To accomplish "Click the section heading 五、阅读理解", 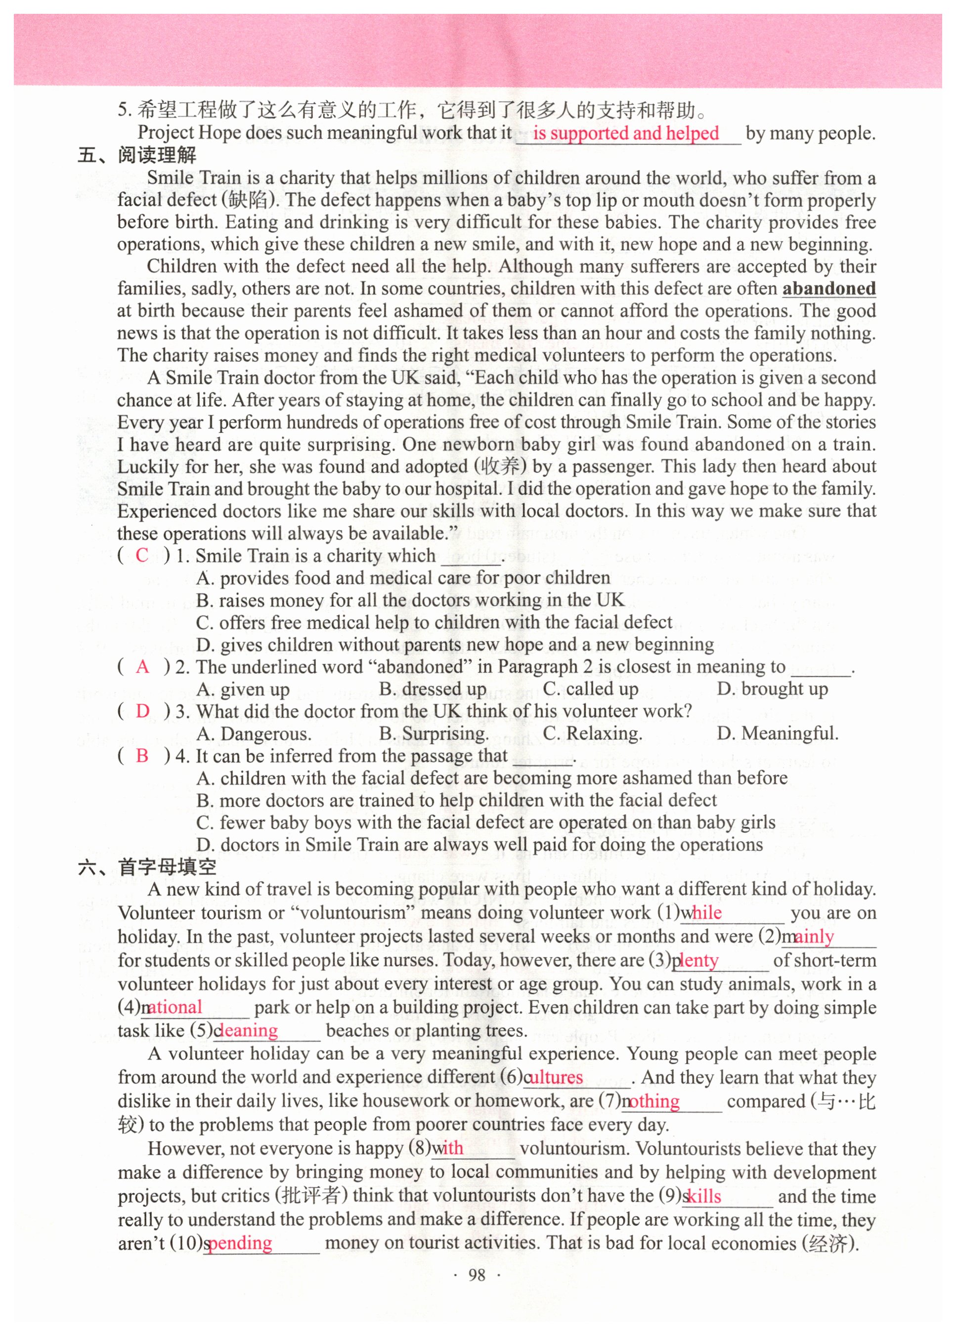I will click(x=137, y=155).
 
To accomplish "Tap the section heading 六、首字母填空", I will click(x=147, y=867).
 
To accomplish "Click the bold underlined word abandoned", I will click(x=829, y=289).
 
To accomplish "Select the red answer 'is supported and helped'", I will click(x=626, y=133).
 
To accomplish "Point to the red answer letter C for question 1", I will click(x=142, y=555).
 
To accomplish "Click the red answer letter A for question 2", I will click(x=142, y=666).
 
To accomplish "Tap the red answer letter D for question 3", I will click(x=142, y=711).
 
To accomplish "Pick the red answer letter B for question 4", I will click(x=142, y=756).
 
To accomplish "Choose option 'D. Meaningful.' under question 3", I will click(x=777, y=733).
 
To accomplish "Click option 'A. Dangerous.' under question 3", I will click(x=254, y=733).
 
